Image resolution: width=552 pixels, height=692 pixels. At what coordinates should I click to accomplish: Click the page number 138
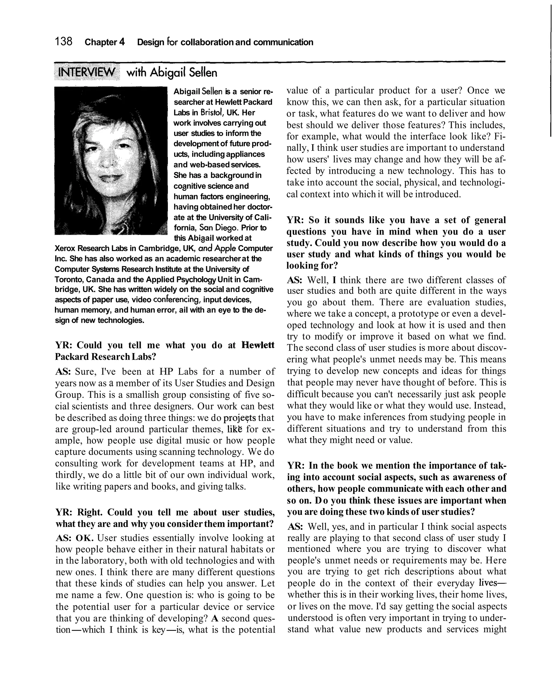63,42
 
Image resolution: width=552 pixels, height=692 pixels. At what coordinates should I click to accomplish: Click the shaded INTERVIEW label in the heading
87,73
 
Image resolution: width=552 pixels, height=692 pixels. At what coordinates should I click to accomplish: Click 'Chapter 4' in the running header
105,42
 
